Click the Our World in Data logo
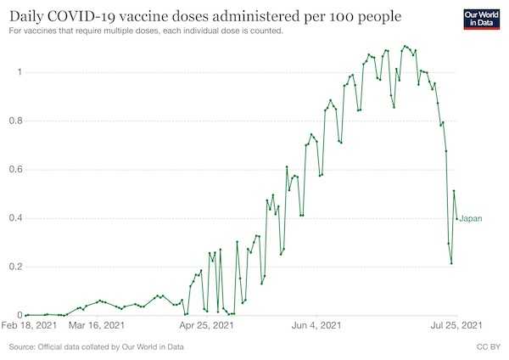[x=481, y=20]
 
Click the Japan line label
[x=471, y=219]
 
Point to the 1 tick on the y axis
[x=20, y=72]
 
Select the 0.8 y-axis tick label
[x=16, y=121]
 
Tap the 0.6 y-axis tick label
[x=16, y=170]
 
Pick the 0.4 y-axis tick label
[x=16, y=218]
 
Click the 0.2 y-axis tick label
[x=16, y=267]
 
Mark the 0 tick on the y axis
[x=20, y=315]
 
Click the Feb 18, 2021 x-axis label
[x=29, y=325]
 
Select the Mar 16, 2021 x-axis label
[x=97, y=325]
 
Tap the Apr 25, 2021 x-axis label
[x=207, y=325]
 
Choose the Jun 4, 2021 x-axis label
[x=316, y=325]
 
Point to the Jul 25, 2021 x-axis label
[x=456, y=325]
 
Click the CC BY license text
[x=489, y=347]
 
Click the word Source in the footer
[x=22, y=347]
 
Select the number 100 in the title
[x=342, y=17]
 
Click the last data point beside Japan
[x=456, y=219]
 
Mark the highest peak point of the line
[x=405, y=46]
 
